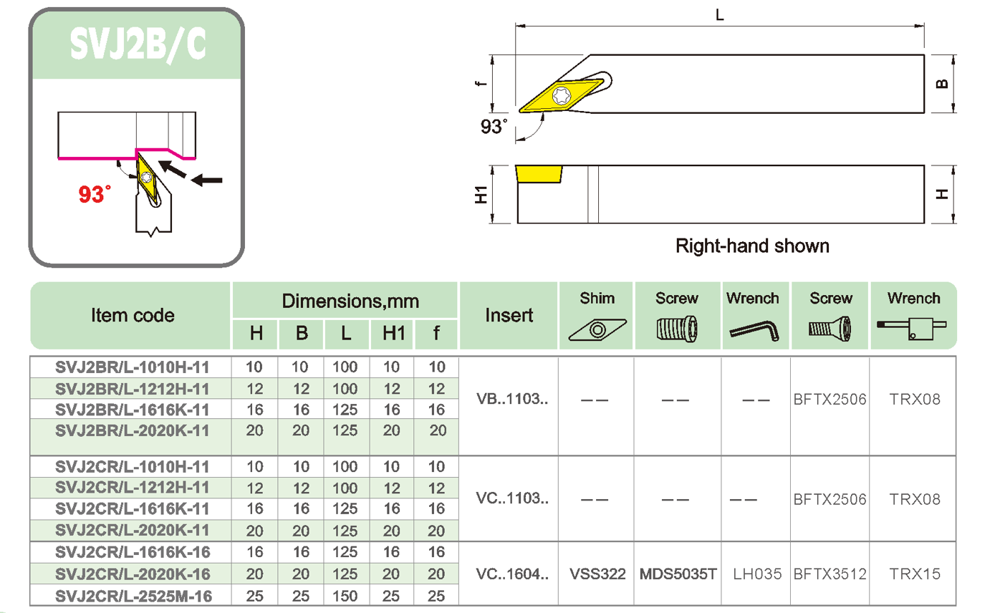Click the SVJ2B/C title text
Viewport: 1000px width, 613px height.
pyautogui.click(x=138, y=44)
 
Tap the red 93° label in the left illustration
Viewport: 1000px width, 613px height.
pyautogui.click(x=95, y=193)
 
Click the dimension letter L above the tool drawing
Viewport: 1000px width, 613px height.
pyautogui.click(x=720, y=14)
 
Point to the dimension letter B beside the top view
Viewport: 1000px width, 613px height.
pyautogui.click(x=942, y=83)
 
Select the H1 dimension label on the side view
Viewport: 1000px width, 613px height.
pyautogui.click(x=481, y=194)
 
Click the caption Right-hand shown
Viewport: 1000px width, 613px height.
pyautogui.click(x=752, y=246)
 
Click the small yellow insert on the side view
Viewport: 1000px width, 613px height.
pyautogui.click(x=538, y=174)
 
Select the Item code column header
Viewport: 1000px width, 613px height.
pyautogui.click(x=133, y=315)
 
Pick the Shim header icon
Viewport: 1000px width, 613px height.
pyautogui.click(x=597, y=329)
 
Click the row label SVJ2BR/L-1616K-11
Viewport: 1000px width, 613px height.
pyautogui.click(x=133, y=410)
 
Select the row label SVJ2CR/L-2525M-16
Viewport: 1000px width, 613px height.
pyautogui.click(x=133, y=596)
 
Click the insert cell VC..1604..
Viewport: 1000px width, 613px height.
pyautogui.click(x=511, y=574)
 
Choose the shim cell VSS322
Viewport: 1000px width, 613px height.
pyautogui.click(x=597, y=574)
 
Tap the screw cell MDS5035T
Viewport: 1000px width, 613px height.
pyautogui.click(x=678, y=574)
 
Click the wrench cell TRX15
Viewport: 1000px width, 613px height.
pyautogui.click(x=914, y=574)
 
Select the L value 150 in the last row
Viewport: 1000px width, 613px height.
pyautogui.click(x=346, y=596)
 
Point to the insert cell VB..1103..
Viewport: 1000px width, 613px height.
pyautogui.click(x=511, y=399)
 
